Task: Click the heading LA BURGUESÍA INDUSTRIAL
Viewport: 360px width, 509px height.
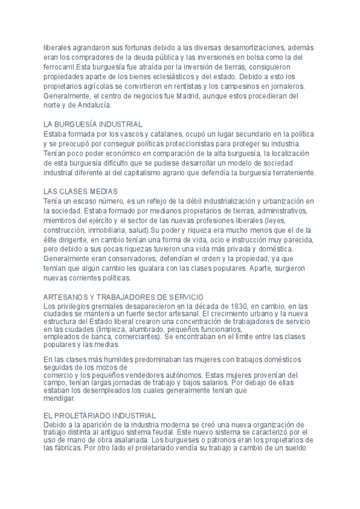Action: pos(93,124)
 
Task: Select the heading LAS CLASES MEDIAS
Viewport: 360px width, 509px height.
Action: pos(80,191)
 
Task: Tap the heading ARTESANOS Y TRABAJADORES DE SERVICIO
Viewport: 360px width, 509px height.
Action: pos(124,297)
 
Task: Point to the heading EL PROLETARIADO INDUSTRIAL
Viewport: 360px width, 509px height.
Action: pos(100,415)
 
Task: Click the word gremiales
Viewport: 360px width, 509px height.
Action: pos(101,306)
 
